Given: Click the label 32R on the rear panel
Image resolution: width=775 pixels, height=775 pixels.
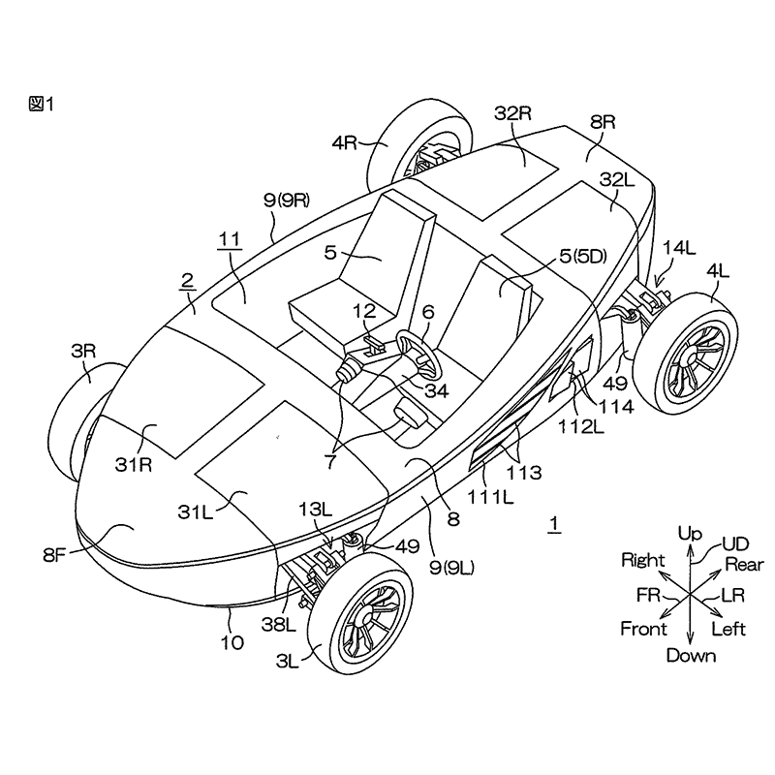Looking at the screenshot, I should [513, 113].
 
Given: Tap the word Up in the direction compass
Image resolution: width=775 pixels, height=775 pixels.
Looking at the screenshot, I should [689, 533].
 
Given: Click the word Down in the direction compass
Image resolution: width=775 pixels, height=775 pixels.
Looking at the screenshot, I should [691, 656].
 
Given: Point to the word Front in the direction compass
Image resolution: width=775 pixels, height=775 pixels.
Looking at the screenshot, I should [643, 629].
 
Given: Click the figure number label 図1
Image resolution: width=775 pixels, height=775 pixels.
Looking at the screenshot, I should [41, 105].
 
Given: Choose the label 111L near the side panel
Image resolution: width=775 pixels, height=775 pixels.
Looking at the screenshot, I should [491, 495].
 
